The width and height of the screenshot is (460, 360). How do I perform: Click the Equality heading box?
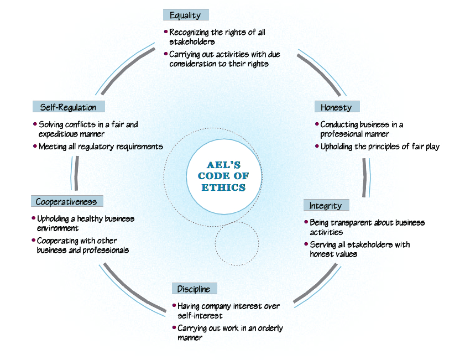(x=185, y=15)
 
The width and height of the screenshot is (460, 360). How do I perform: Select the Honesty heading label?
(x=336, y=107)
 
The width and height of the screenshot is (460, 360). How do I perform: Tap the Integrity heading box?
(x=326, y=205)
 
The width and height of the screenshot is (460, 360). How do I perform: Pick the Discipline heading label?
(x=194, y=289)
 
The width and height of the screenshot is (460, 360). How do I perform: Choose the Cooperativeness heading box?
(x=66, y=201)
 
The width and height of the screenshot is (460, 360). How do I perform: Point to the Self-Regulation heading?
(x=68, y=107)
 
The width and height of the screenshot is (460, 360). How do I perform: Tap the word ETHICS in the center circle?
(x=223, y=187)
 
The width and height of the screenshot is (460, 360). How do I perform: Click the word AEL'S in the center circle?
(x=223, y=165)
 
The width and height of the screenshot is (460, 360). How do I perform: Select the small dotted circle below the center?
(x=237, y=243)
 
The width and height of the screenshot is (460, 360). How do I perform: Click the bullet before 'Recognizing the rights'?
(x=166, y=32)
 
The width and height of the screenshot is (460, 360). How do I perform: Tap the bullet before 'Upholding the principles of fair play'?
(x=317, y=147)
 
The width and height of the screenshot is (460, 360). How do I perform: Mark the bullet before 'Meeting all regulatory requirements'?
(x=35, y=147)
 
